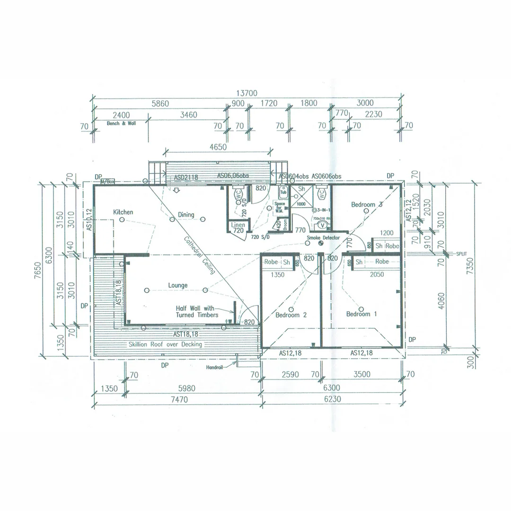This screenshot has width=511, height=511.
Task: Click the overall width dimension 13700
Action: [247, 93]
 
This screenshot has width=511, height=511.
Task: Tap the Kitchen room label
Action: [123, 212]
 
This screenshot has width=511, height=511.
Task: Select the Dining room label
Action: [186, 215]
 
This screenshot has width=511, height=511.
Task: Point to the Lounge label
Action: [177, 285]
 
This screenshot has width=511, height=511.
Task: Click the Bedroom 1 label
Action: [361, 314]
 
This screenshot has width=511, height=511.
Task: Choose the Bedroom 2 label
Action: [291, 315]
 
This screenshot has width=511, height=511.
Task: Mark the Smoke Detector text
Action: [323, 238]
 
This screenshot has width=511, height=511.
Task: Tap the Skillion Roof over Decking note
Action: [165, 344]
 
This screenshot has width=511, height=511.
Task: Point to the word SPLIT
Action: [461, 254]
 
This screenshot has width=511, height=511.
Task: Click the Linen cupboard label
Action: [238, 225]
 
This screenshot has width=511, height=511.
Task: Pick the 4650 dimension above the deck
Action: [218, 147]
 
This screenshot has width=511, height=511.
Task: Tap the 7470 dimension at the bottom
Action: [177, 399]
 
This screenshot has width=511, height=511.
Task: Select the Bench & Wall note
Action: [121, 123]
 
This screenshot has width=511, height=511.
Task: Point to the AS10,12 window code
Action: [89, 220]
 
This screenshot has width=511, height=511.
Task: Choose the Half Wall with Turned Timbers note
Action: [197, 311]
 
